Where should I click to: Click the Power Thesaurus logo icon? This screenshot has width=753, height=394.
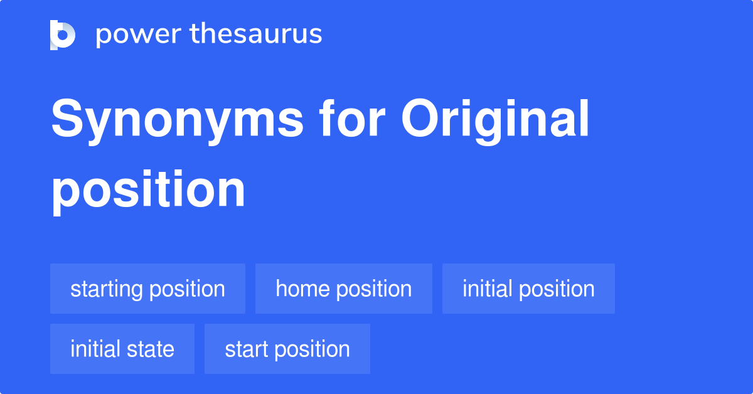point(63,35)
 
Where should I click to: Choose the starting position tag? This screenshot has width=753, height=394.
point(147,289)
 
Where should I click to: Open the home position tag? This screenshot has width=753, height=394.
point(343,289)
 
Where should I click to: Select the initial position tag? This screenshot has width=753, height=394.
point(528,289)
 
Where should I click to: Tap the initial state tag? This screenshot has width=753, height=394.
point(122,349)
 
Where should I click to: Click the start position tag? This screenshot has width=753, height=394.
point(287,349)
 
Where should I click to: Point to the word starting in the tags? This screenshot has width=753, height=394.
point(107,289)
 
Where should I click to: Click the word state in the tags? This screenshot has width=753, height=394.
point(152,349)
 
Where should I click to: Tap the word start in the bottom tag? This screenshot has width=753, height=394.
point(247,349)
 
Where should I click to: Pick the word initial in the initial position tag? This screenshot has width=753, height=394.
point(487,289)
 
